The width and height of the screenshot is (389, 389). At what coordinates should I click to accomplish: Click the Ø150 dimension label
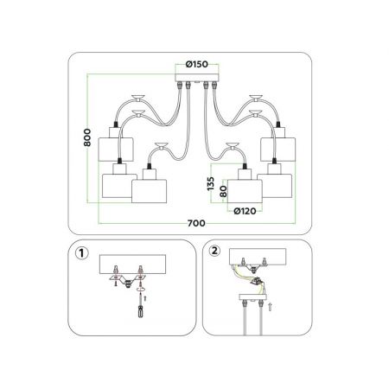point(197,64)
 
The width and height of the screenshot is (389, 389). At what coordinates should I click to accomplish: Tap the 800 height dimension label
point(87,137)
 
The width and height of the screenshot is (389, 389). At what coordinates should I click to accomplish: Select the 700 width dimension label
point(196,223)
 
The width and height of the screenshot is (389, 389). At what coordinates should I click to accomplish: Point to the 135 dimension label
point(211,183)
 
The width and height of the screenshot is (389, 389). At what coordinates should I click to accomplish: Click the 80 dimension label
point(223,191)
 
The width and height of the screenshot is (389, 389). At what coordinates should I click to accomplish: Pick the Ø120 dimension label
point(245,211)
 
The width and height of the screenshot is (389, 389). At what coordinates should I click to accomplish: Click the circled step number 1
point(81,253)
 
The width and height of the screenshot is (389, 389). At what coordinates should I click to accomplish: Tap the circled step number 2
point(214,251)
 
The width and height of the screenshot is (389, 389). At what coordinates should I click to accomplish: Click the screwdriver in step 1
point(140,306)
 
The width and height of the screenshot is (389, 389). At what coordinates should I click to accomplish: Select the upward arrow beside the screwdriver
point(145,298)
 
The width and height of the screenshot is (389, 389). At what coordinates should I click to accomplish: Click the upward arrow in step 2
point(270,307)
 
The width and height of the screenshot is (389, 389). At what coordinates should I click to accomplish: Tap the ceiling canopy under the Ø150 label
point(197,78)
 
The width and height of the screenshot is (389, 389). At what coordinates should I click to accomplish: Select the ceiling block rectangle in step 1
point(132,265)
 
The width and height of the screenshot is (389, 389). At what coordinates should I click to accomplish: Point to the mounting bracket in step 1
point(127,279)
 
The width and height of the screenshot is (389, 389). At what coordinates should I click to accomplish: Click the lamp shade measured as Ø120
point(245,191)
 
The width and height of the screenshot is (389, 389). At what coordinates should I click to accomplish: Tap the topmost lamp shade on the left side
point(116,150)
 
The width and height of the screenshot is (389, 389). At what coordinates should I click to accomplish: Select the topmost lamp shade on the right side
point(278,150)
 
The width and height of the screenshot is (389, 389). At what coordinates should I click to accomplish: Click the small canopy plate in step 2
point(253,297)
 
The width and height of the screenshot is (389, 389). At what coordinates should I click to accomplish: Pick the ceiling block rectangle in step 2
point(258,257)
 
